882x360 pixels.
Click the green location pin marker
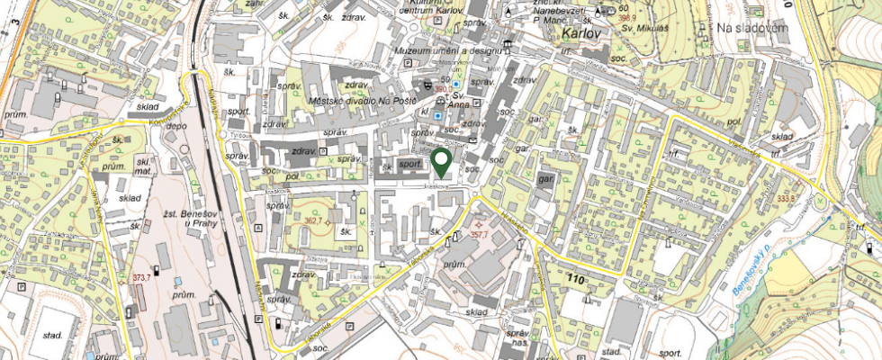(x=441, y=163)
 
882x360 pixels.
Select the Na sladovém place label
(x=752, y=29)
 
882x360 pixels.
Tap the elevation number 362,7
(x=313, y=220)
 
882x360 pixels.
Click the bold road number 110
(x=576, y=281)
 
